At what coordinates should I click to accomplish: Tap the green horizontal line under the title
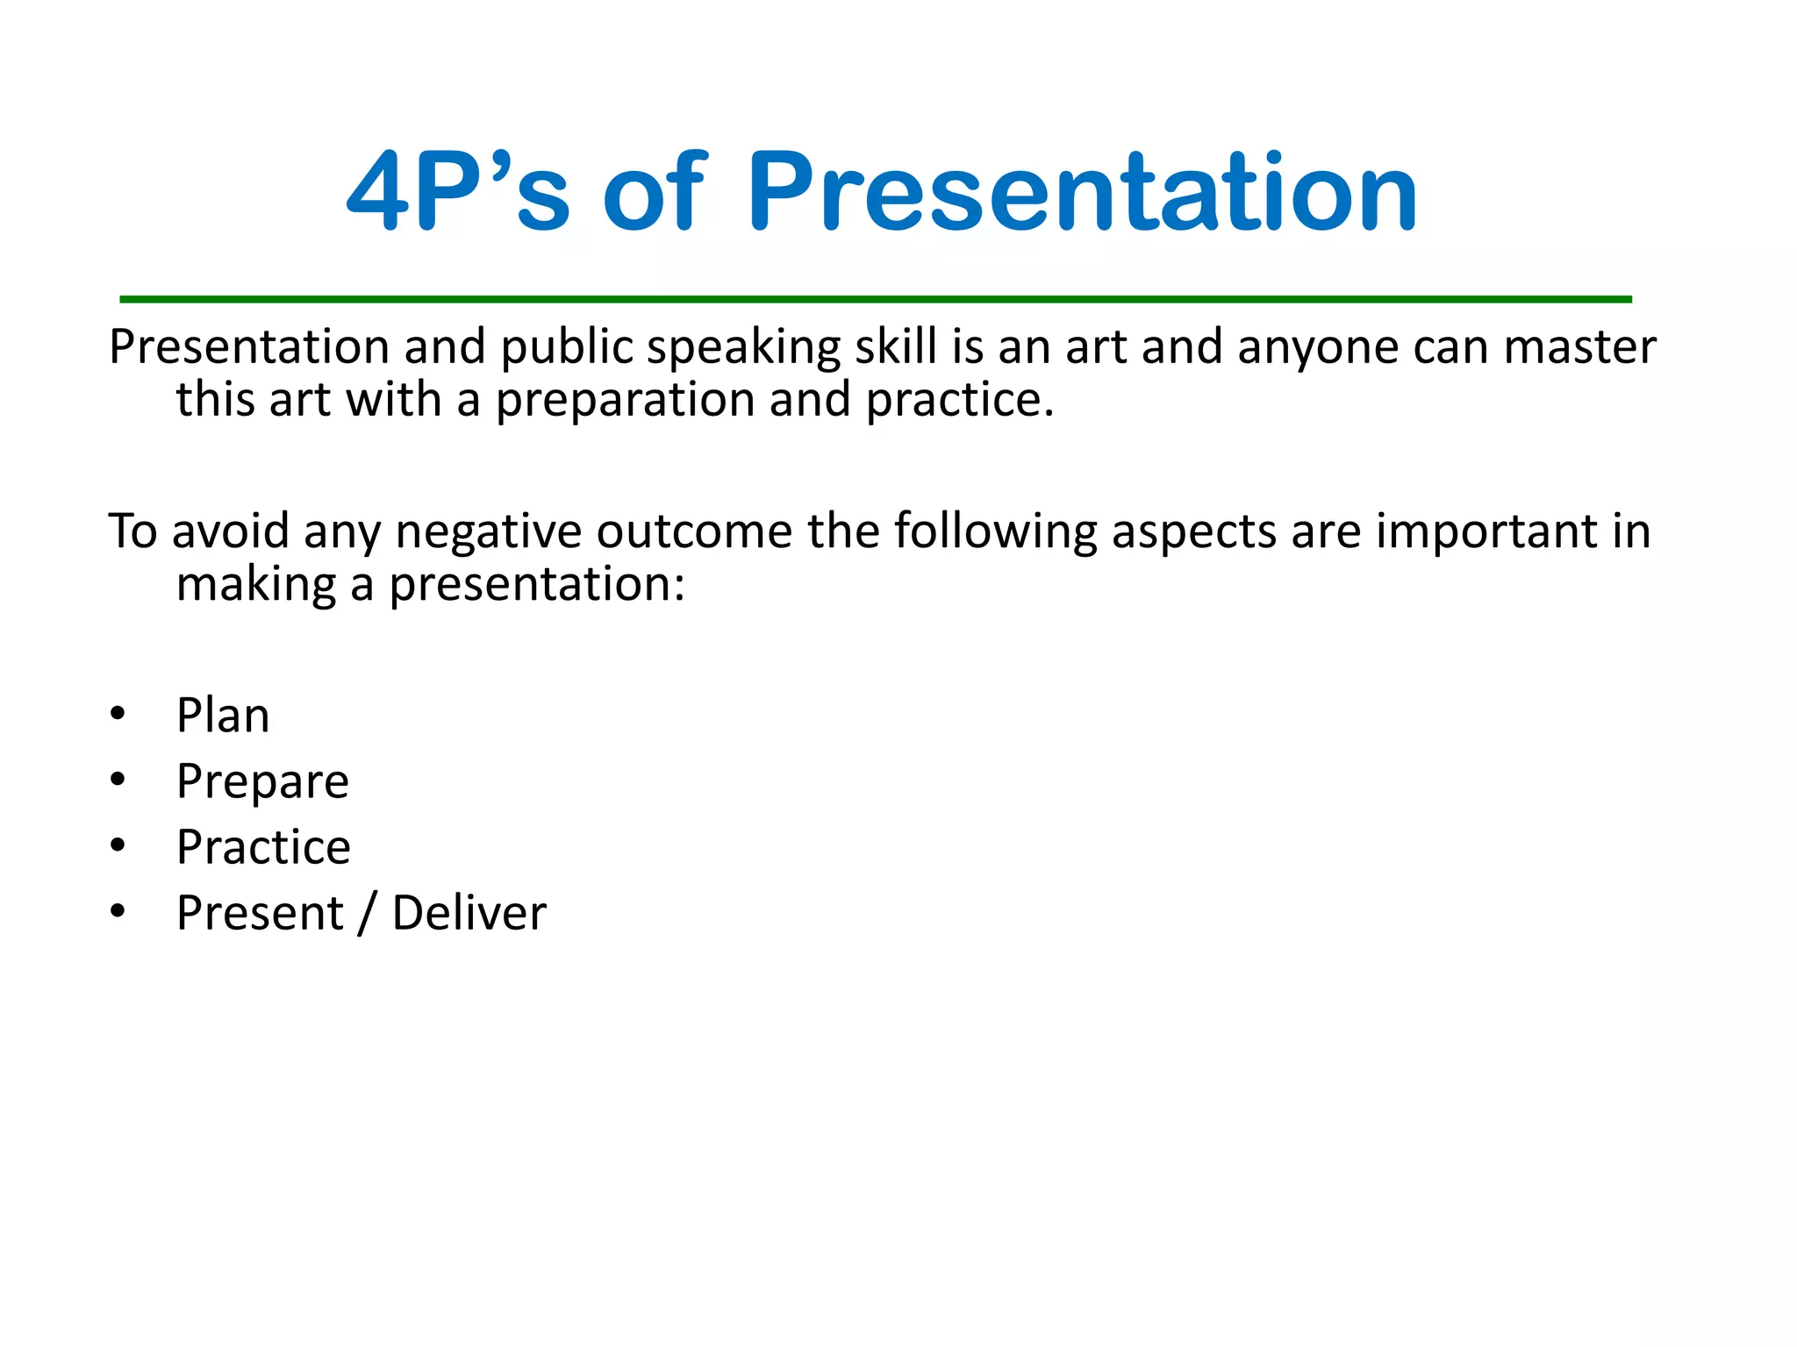point(876,299)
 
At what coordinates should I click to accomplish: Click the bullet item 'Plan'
point(223,716)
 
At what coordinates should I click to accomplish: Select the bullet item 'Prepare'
point(262,782)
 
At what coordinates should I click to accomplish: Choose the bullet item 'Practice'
point(263,848)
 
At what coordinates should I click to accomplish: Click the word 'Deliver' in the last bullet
point(469,914)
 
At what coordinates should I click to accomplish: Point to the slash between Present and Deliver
point(367,914)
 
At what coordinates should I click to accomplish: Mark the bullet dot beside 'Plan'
point(118,713)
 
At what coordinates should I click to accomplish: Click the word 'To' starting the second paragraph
point(132,532)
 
